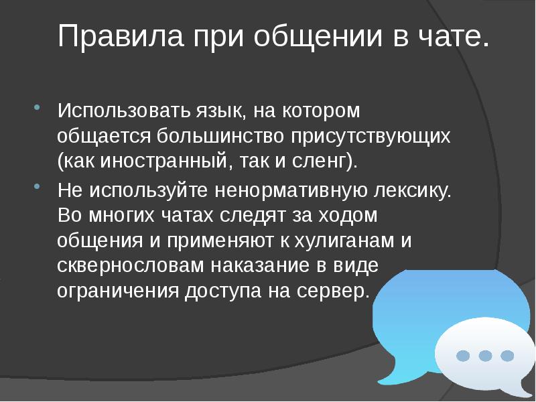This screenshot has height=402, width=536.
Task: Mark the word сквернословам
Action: pos(131,265)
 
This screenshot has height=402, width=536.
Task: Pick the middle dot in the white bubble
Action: pos(485,355)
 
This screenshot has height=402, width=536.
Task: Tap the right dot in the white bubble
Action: pos(507,355)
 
